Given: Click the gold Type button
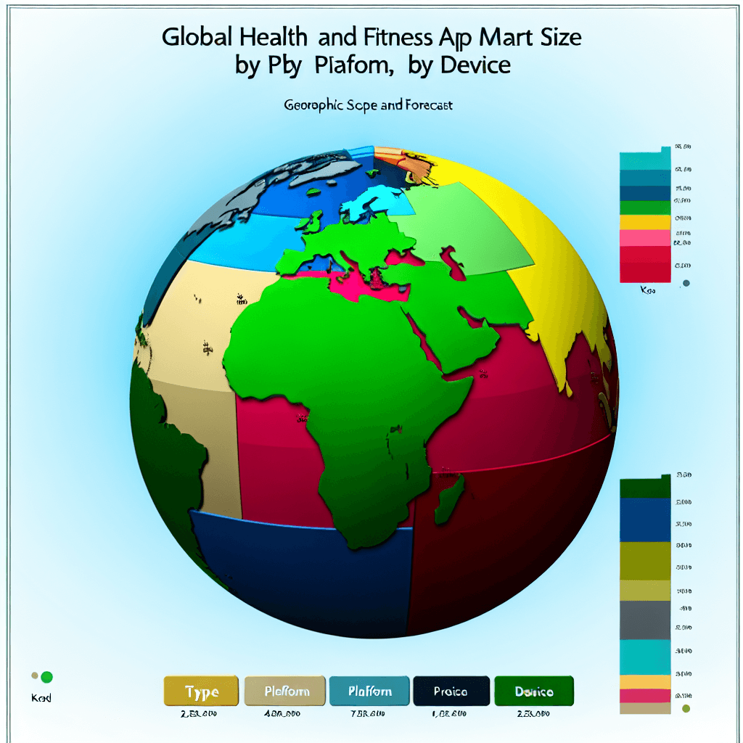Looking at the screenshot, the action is (x=201, y=692).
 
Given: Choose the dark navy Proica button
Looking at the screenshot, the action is (x=451, y=692).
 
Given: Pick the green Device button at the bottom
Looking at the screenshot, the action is (x=534, y=692).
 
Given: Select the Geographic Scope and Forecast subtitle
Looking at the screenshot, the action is (x=369, y=105).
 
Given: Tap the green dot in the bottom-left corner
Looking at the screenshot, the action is (x=47, y=678).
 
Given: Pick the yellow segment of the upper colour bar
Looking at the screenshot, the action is (x=645, y=222).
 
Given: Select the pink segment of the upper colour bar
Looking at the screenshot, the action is (x=645, y=238).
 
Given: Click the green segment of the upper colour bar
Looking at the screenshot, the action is (x=645, y=208).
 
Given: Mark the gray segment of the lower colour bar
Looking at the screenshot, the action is (x=645, y=620).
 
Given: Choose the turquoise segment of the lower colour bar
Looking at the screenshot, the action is (x=645, y=657).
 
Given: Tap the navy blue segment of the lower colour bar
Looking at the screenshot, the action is (x=645, y=520).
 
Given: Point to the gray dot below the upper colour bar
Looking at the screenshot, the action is (x=686, y=284).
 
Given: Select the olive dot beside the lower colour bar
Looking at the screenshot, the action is (x=686, y=709).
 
